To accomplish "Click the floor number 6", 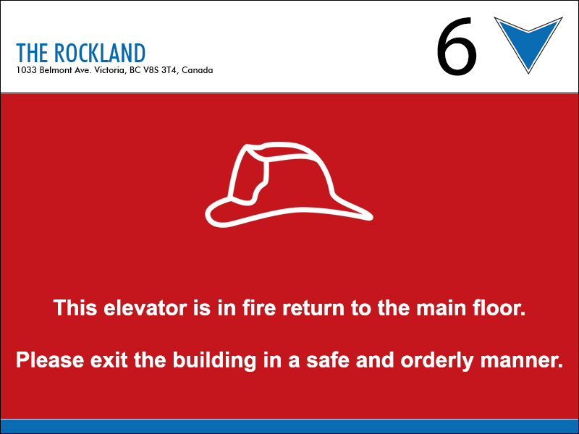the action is (457, 46).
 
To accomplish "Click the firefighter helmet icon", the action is (289, 184).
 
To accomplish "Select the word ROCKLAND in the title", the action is (100, 53).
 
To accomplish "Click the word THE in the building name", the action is (32, 53).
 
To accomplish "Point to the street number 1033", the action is (27, 70).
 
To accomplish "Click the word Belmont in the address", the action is (56, 70).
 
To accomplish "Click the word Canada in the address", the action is (197, 70).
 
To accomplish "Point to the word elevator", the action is (145, 308).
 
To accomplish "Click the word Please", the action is (50, 360).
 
